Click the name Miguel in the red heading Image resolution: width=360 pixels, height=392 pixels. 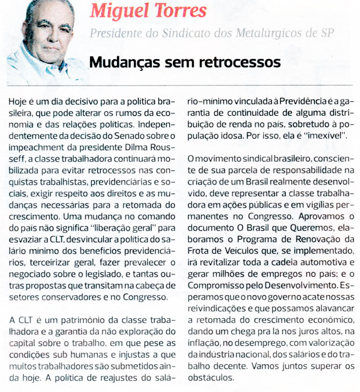click(119, 11)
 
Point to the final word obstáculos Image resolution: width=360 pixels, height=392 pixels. click(212, 377)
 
